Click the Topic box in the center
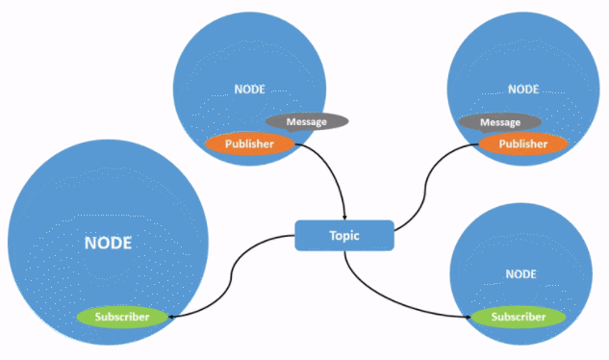[344, 236]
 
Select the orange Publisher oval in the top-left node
[250, 143]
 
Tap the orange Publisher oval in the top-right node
[523, 143]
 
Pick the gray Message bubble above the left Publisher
[307, 121]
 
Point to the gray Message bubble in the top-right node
[500, 122]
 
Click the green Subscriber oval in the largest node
[122, 317]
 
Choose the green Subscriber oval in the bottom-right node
[519, 317]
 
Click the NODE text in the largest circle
[108, 243]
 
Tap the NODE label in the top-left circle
[250, 90]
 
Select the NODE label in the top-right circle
[523, 90]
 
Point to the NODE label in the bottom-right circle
[520, 274]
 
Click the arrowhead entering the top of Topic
[344, 218]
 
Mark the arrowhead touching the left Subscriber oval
[171, 317]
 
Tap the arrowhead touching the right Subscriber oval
[468, 317]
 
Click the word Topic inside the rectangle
[344, 236]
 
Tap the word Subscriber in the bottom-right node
[519, 317]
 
